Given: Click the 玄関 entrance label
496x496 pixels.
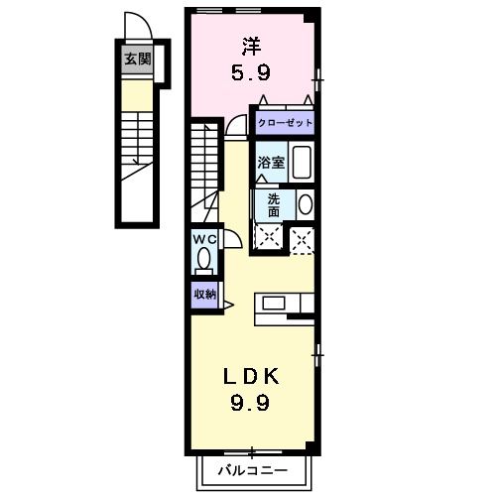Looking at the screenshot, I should coord(137,60).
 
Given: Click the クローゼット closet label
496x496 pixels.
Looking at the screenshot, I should coord(286,123).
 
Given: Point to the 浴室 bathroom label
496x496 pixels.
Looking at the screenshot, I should coord(272,163).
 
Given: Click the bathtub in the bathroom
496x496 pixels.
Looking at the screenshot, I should coord(303,163).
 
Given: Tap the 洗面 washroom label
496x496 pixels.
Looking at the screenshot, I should coord(274,204).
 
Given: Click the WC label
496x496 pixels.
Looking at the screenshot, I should coord(204,239).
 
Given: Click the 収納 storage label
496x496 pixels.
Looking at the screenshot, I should coord(204,294).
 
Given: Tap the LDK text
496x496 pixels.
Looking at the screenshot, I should coord(249,376).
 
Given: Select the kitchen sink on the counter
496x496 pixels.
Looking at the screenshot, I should coord(273,304).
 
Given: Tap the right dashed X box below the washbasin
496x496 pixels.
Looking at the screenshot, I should coord(303,237).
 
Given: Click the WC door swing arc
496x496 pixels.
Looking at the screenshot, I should coord(228,238).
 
